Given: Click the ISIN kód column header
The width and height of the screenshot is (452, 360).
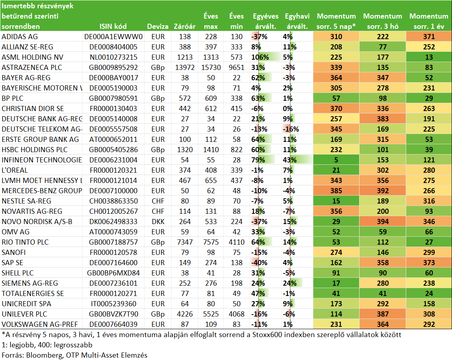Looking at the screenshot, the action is pos(113,26).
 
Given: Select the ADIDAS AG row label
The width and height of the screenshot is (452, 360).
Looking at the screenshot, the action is pos(20,37).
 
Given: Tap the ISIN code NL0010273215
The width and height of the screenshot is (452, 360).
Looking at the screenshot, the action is pos(113,57).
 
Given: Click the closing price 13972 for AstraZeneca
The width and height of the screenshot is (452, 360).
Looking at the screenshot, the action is pos(185,68).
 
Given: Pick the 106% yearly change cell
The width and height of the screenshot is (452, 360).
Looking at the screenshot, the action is pos(260,57).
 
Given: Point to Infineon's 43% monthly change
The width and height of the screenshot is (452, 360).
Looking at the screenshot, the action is pos(290,160).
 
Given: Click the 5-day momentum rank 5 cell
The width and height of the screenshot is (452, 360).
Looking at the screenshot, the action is pos(336,160).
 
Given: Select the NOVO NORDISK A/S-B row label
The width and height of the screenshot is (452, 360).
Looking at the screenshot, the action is pos(37,222).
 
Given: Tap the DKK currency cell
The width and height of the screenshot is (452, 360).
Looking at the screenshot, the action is pos(158,222).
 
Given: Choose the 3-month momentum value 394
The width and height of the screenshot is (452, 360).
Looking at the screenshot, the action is pos(383,222).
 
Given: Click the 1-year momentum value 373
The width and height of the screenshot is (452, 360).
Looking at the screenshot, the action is pos(429,262).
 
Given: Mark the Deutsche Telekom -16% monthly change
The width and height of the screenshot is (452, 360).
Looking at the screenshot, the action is pos(291,129).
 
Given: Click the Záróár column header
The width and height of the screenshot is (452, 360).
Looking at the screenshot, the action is pos(185,26).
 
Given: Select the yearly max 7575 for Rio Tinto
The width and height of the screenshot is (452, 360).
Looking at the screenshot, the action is pos(211,242).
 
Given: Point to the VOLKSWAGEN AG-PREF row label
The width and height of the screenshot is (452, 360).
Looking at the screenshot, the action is pos(40,324).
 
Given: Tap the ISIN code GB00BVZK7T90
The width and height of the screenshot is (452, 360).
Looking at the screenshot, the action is pos(113,314).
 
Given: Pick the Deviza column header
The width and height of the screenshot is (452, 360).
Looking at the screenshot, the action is pos(158,26).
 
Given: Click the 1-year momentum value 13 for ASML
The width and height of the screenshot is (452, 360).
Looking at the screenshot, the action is pos(429,57).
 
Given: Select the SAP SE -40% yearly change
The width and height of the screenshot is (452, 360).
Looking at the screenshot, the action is pos(259,262).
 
